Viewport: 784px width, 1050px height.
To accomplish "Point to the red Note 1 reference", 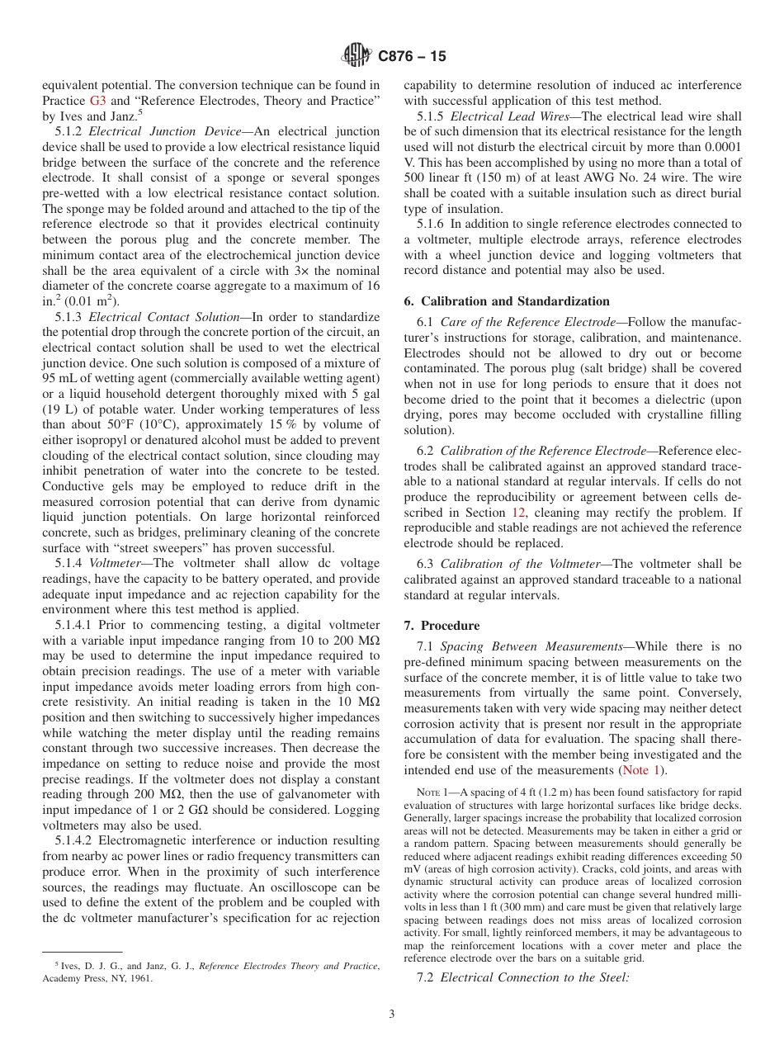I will (x=644, y=770).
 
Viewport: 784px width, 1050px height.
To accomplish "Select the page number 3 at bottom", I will (x=392, y=1014).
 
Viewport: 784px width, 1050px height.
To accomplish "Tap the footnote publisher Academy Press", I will (x=73, y=979).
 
